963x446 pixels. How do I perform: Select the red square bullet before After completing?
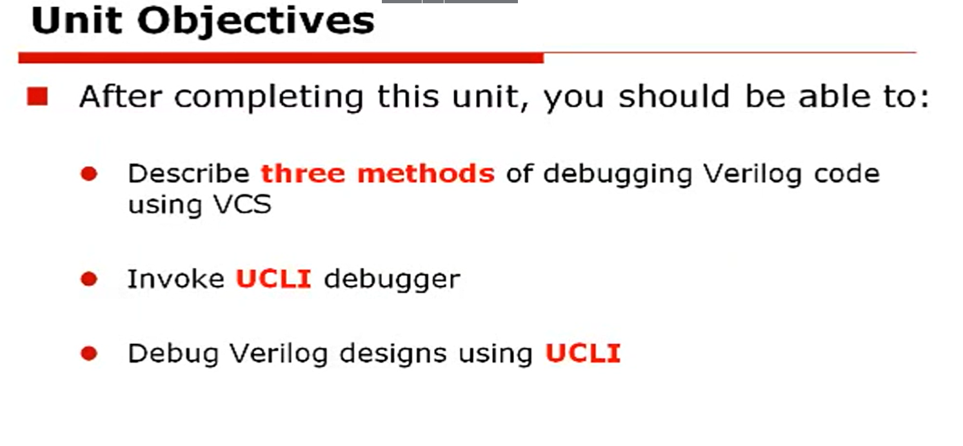[37, 97]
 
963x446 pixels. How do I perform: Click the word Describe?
[188, 174]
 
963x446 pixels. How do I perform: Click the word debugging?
[618, 175]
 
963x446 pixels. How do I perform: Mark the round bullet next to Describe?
[89, 174]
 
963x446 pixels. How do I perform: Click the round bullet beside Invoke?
[89, 279]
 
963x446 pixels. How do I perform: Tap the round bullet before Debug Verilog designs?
[89, 354]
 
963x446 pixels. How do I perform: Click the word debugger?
[392, 280]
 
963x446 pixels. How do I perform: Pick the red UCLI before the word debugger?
[273, 279]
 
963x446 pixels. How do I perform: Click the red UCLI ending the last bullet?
[582, 354]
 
